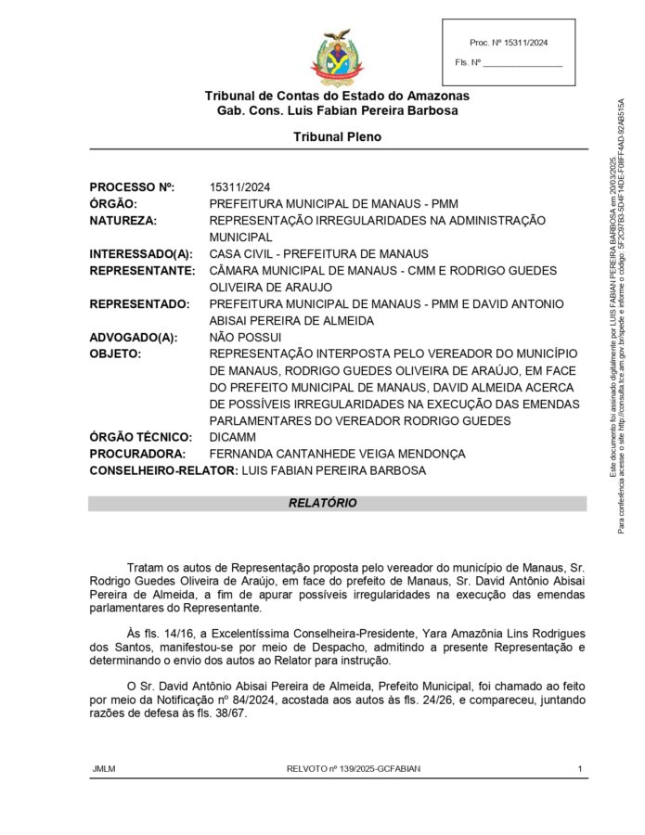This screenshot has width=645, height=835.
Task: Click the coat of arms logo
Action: (337, 58)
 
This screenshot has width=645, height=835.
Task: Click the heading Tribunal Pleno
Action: (337, 136)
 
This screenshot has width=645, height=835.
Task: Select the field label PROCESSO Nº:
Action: (132, 186)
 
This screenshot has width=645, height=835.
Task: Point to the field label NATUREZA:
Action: (123, 220)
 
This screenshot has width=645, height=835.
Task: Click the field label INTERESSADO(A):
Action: (141, 253)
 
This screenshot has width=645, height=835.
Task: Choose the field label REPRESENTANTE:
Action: (142, 270)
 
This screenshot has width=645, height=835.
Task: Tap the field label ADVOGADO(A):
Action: (134, 337)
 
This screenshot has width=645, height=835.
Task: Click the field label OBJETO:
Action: (115, 353)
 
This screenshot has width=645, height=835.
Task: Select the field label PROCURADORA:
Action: (137, 454)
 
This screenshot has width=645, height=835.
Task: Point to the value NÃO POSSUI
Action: (245, 337)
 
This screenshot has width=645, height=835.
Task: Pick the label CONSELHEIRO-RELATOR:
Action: (163, 470)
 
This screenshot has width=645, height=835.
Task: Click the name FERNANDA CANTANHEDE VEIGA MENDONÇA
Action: (337, 454)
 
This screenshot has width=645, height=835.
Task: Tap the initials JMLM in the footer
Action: (104, 769)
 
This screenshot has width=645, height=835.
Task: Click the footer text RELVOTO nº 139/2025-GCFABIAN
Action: (337, 769)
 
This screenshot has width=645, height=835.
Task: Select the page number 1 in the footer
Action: (580, 769)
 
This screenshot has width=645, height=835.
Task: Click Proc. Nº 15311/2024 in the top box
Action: (509, 43)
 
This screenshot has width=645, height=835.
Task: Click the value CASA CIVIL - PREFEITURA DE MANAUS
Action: (318, 253)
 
